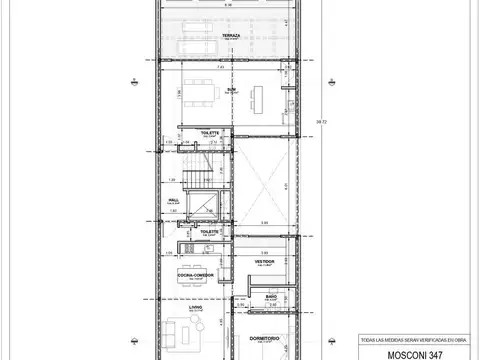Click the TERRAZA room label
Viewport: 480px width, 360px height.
[x=232, y=33]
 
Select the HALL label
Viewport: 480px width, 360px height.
[x=173, y=199]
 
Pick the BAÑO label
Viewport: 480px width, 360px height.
[x=271, y=296]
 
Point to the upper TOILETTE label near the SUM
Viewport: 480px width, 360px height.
[x=210, y=133]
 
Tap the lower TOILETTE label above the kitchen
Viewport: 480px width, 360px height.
[x=209, y=231]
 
